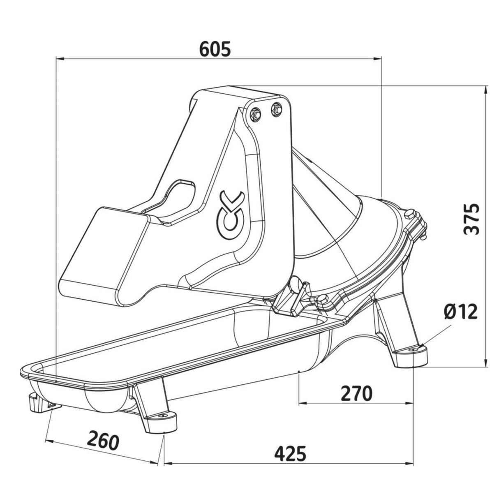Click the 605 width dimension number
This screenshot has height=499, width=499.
(215, 49)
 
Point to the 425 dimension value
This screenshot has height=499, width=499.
(290, 453)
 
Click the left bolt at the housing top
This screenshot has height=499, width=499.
(256, 114)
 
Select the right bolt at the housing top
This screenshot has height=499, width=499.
(277, 109)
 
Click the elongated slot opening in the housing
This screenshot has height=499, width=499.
(179, 199)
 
